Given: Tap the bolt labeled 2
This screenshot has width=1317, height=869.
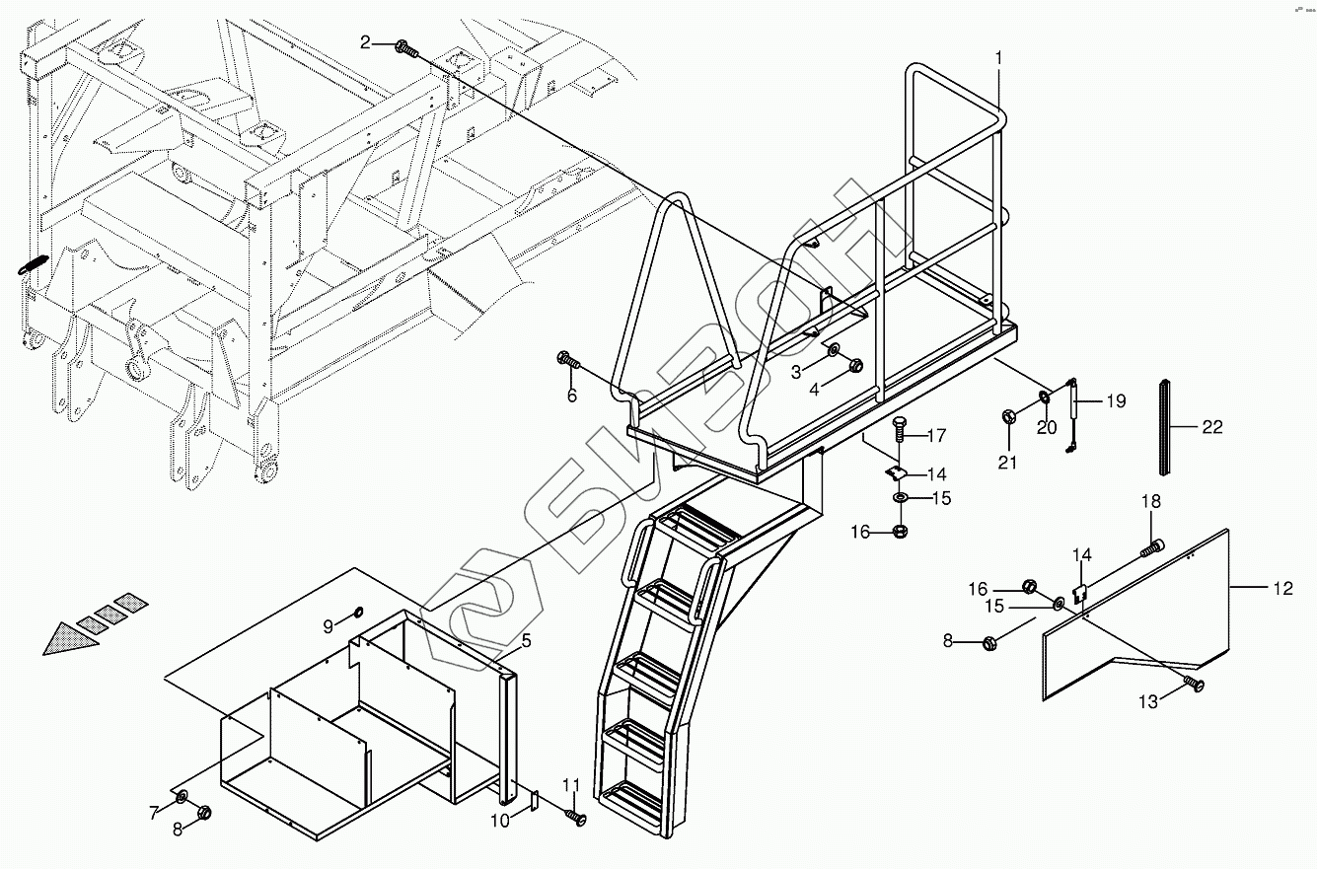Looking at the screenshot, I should (404, 45).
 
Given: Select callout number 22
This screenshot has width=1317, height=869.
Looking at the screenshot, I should (1211, 427).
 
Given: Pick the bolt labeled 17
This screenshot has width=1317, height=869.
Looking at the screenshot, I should (898, 430).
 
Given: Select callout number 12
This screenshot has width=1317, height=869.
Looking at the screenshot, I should (1282, 589).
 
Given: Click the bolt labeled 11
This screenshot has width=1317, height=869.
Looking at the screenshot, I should (575, 817).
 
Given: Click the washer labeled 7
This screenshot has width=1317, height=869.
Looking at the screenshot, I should (182, 797).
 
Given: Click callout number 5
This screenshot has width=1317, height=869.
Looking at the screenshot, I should (527, 641).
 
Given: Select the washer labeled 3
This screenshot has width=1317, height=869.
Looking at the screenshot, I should (834, 351).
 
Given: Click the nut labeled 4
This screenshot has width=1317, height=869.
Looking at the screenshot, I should (855, 365).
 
